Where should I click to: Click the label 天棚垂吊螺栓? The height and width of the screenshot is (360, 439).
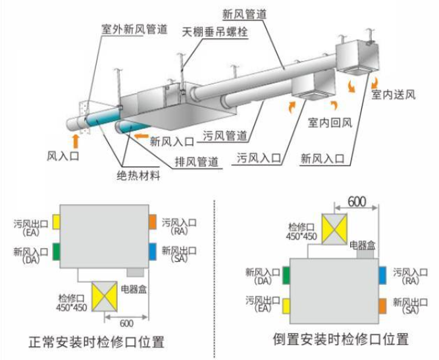(x=215, y=32)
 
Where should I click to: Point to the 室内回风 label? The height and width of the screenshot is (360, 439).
(x=331, y=122)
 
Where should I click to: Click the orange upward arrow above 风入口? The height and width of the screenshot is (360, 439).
(x=76, y=140)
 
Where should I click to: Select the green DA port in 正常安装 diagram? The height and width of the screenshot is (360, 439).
(x=57, y=251)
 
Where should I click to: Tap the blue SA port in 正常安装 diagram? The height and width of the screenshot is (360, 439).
(x=152, y=251)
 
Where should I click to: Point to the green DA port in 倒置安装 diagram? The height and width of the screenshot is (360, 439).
(x=286, y=274)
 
